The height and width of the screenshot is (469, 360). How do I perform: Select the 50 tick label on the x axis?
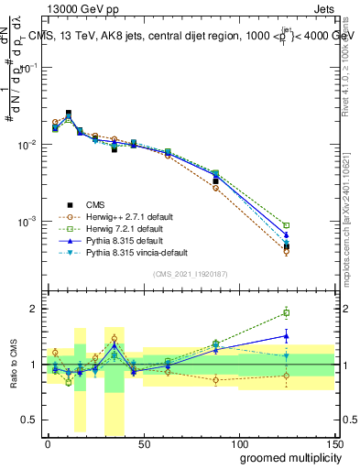tap(143, 443)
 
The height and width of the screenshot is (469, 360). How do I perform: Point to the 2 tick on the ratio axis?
tap(34, 309)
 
